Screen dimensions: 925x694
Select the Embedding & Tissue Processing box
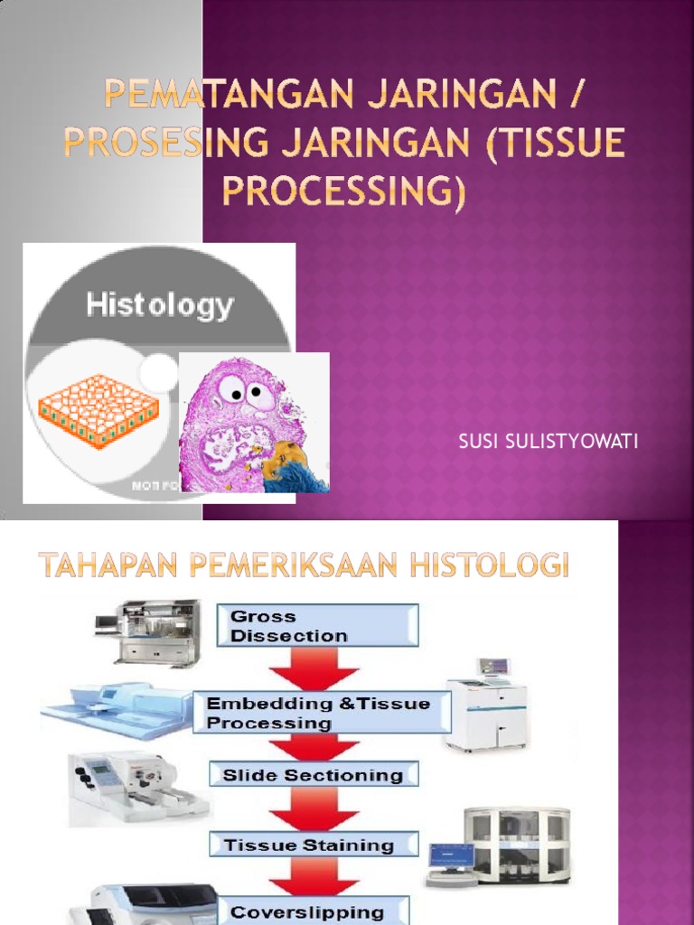pyautogui.click(x=321, y=713)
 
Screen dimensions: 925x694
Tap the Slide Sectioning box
pyautogui.click(x=313, y=775)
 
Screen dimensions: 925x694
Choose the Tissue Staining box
pyautogui.click(x=313, y=846)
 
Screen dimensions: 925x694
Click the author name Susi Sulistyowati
pyautogui.click(x=549, y=442)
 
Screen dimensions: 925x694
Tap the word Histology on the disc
pyautogui.click(x=159, y=305)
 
